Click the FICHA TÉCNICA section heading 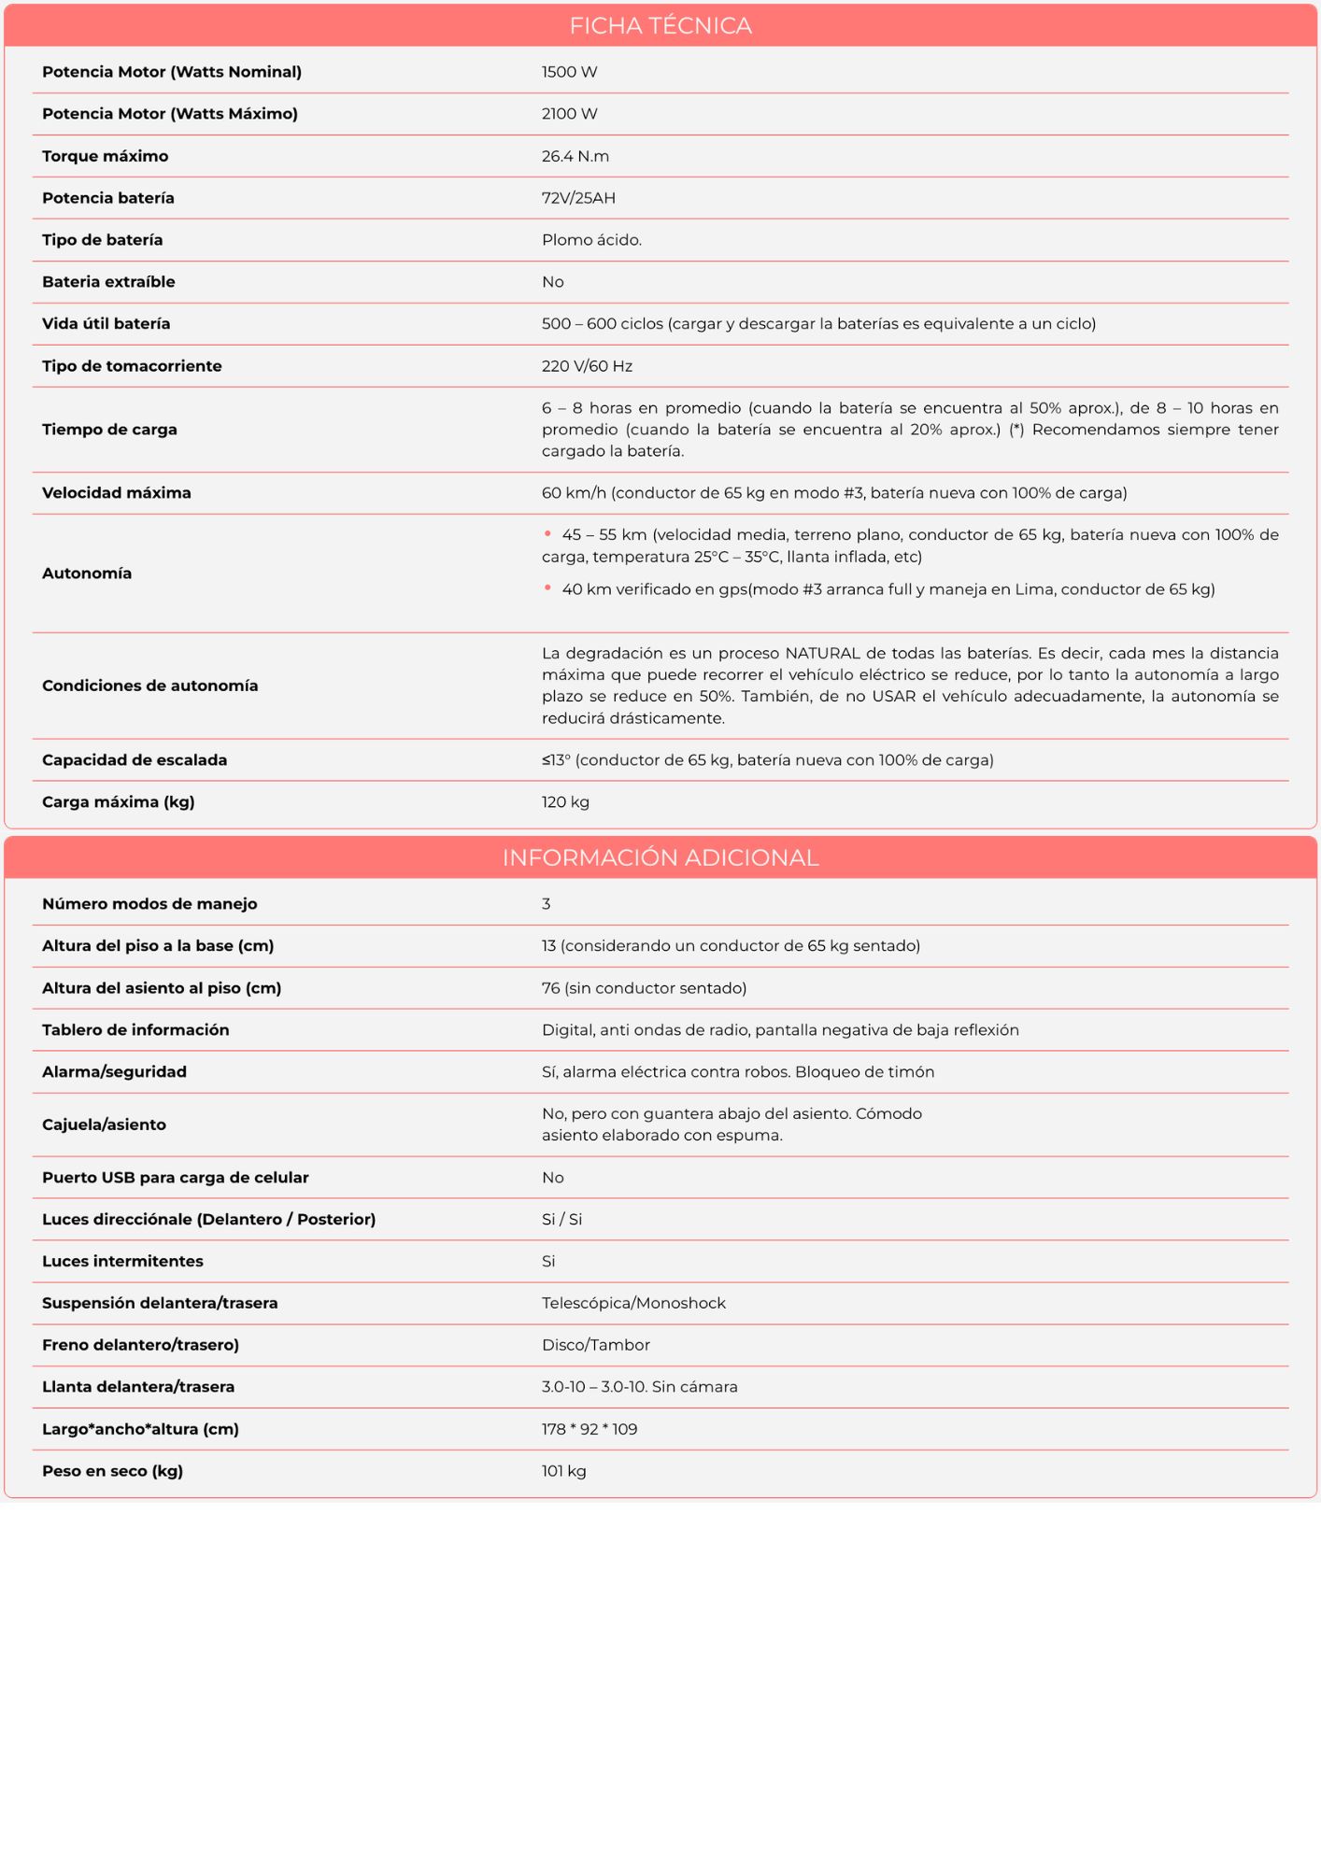(660, 26)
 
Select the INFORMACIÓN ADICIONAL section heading (660, 857)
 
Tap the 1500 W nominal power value (569, 72)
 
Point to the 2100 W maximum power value (569, 114)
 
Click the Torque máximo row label (105, 156)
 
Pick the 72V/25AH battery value (578, 198)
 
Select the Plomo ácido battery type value (591, 240)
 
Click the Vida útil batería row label (106, 324)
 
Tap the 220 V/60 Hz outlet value (587, 366)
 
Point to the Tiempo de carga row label (109, 430)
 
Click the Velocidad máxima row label (116, 493)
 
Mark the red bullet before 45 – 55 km (547, 534)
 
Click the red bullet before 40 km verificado (547, 588)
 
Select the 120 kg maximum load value (565, 802)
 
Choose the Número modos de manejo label (149, 904)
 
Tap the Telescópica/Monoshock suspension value (633, 1303)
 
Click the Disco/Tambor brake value (595, 1345)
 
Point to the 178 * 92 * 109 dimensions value (589, 1429)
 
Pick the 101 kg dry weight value (563, 1471)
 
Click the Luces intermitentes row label (122, 1261)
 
